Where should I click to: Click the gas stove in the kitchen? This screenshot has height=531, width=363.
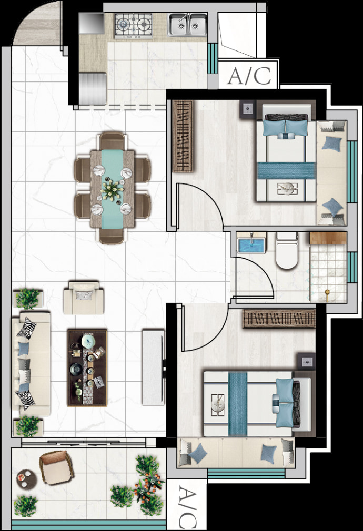pos(133,25)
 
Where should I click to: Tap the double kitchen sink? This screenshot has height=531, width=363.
pos(188,24)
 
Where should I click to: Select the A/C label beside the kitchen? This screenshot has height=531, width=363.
pos(249,76)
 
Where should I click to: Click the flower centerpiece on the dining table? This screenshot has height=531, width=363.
pos(112,190)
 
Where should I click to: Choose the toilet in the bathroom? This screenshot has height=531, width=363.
pos(287,250)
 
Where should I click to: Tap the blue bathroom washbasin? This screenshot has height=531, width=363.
pos(251,244)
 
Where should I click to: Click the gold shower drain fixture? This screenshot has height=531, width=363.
pos(327,293)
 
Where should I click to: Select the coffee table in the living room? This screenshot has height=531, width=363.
pos(87,368)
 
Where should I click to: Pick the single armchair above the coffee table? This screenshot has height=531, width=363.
pos(83,298)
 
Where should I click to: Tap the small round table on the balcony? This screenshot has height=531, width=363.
pos(26,480)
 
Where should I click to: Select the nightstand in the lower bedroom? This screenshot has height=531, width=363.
pos(307,361)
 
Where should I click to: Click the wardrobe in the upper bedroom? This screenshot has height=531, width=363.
pos(183,136)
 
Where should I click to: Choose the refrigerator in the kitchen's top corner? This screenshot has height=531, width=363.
pos(92,23)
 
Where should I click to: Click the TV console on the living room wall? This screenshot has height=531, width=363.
pos(154,367)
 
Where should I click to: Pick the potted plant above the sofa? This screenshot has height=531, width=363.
pos(28,298)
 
